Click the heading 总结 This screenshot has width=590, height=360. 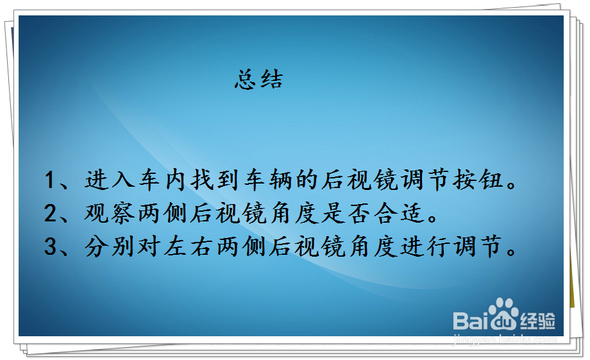pyautogui.click(x=258, y=80)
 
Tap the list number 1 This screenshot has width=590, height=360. pyautogui.click(x=51, y=181)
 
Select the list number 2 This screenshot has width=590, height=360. pyautogui.click(x=51, y=214)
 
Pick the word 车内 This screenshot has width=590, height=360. pyautogui.click(x=164, y=181)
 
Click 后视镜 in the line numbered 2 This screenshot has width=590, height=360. pyautogui.click(x=231, y=214)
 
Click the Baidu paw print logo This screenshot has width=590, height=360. pyautogui.click(x=505, y=314)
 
